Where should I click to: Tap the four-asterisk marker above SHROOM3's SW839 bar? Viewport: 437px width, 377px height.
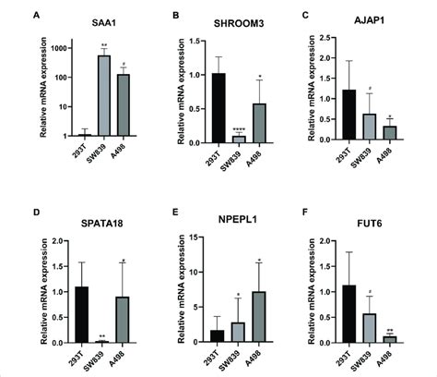[240, 128]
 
